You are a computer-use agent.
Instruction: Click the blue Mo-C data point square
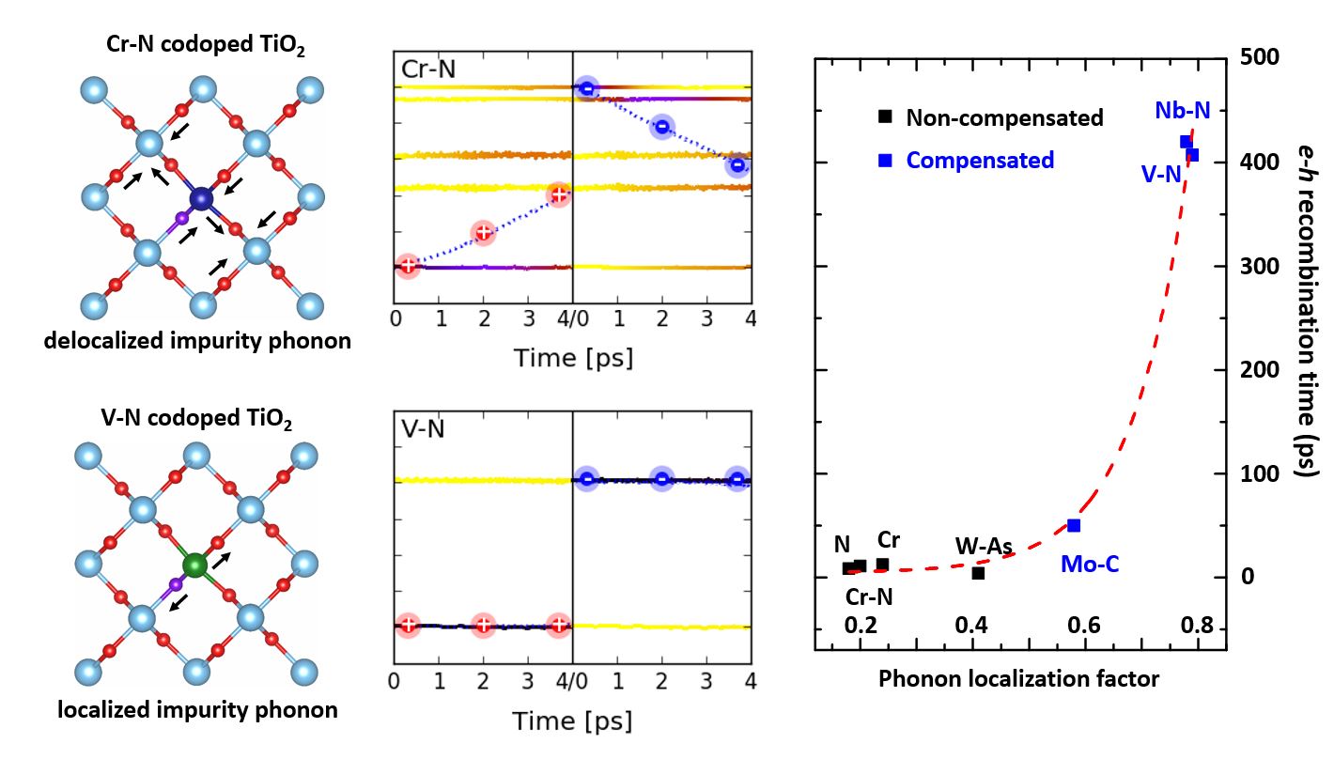[1074, 525]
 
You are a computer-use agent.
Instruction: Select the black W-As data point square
[978, 573]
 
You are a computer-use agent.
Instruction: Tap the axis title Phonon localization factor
[1019, 679]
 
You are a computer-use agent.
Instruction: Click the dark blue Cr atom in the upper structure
[201, 198]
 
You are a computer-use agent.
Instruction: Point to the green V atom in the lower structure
[194, 565]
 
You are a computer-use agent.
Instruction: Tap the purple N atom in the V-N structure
[175, 584]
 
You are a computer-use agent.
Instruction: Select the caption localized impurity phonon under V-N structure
[197, 709]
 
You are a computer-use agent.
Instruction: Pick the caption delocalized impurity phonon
[197, 341]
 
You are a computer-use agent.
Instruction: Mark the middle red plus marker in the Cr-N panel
[483, 232]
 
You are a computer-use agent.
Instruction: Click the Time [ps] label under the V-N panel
[572, 720]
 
